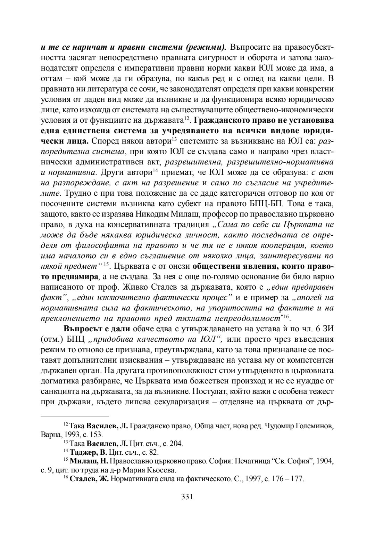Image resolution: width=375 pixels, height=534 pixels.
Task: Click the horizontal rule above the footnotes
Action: pos(75,416)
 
